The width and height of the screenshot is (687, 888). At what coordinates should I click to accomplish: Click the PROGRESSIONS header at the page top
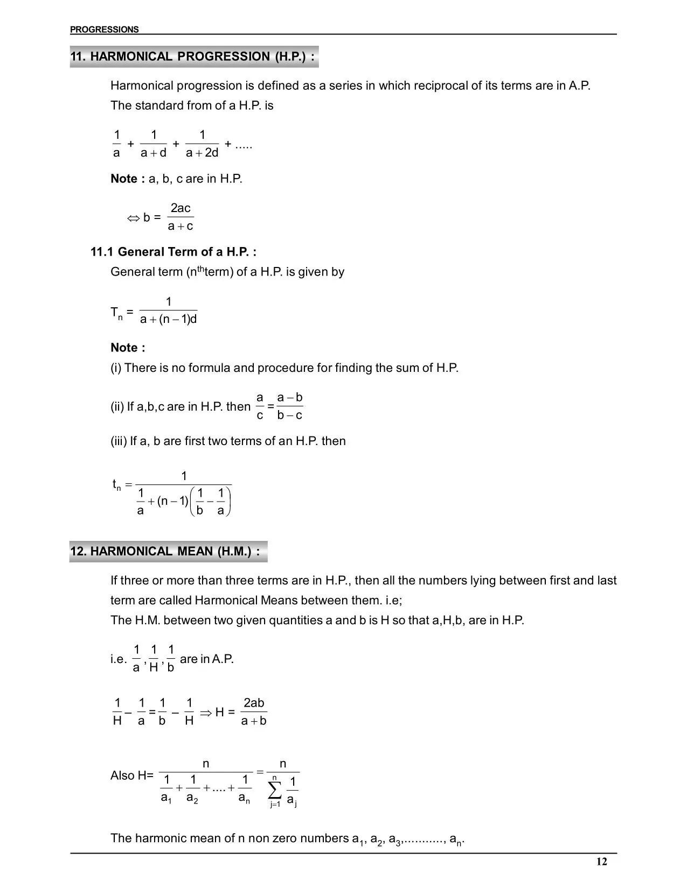click(x=104, y=30)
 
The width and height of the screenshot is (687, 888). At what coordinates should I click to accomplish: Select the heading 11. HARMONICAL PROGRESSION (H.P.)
click(x=192, y=57)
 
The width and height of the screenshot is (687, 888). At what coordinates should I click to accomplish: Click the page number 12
click(x=601, y=862)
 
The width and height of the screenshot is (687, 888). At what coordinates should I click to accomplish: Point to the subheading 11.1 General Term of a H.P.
click(x=173, y=252)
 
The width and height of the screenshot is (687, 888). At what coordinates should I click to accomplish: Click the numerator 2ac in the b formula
click(x=181, y=208)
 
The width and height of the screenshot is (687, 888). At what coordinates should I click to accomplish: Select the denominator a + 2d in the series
click(x=202, y=153)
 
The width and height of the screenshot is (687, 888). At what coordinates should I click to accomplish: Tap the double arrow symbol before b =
click(x=133, y=218)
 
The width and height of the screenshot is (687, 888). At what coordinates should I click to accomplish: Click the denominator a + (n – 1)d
click(x=168, y=319)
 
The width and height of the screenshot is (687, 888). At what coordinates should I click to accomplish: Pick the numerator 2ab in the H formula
click(x=254, y=703)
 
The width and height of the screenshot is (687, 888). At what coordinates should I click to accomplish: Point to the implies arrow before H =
click(x=205, y=713)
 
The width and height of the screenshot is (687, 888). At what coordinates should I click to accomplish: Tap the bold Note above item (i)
click(x=128, y=348)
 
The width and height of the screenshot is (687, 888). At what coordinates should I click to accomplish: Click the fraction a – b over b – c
click(x=289, y=406)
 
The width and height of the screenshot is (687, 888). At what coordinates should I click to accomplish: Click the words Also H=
click(x=131, y=776)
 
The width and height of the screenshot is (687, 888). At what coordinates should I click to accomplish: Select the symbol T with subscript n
click(x=116, y=313)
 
